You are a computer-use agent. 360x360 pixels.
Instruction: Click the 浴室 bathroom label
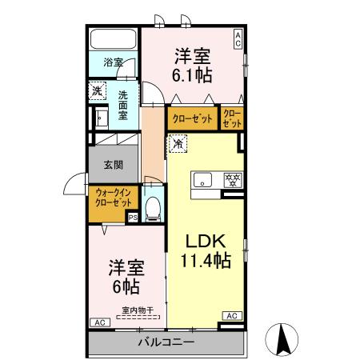tap(113, 62)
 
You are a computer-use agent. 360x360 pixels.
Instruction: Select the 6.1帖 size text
tap(193, 75)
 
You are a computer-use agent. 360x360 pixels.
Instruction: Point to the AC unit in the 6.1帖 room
tap(238, 35)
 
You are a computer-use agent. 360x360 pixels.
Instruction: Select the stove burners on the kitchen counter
tap(233, 178)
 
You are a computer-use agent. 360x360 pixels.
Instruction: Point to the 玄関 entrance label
tap(113, 166)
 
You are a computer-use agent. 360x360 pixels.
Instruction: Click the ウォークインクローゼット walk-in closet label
tap(114, 198)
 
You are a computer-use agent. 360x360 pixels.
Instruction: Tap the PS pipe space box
tap(132, 217)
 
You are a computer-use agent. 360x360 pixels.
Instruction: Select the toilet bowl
tap(154, 207)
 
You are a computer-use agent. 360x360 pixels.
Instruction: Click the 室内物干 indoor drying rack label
tap(135, 310)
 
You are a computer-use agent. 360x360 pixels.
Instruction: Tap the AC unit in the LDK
tap(232, 316)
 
